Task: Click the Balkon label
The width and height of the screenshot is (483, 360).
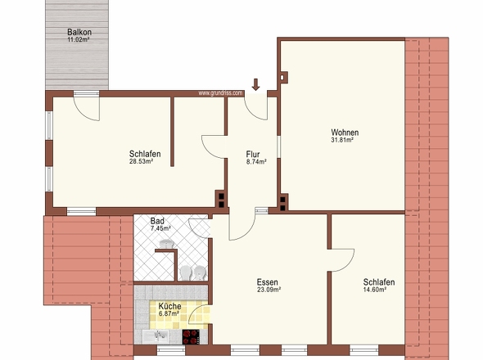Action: point(79,32)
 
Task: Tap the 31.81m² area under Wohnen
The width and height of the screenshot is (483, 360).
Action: point(342,140)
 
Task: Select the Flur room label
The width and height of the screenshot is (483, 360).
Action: point(253,154)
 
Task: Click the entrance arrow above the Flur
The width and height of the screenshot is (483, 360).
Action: point(255,85)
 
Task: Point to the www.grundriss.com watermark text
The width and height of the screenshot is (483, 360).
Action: point(220,93)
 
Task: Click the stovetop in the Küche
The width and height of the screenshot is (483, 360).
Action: point(191,336)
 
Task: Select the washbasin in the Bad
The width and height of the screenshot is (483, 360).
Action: point(167,244)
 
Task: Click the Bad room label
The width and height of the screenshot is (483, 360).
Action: point(157,221)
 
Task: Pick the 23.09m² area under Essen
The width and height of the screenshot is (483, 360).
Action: point(269,290)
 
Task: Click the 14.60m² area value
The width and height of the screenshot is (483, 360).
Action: point(375,290)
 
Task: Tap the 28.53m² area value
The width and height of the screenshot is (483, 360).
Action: point(141,161)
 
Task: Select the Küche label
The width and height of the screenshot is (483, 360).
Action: point(169,307)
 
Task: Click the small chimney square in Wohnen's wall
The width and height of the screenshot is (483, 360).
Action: point(282,77)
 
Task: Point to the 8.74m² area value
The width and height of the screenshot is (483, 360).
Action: point(256,161)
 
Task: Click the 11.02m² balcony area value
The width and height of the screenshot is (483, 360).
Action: point(79,39)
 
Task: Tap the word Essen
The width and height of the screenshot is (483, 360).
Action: point(268,282)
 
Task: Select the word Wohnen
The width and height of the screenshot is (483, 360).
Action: point(345,133)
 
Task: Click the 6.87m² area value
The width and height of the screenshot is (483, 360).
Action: point(169,314)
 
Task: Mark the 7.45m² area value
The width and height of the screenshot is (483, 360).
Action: point(160,228)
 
